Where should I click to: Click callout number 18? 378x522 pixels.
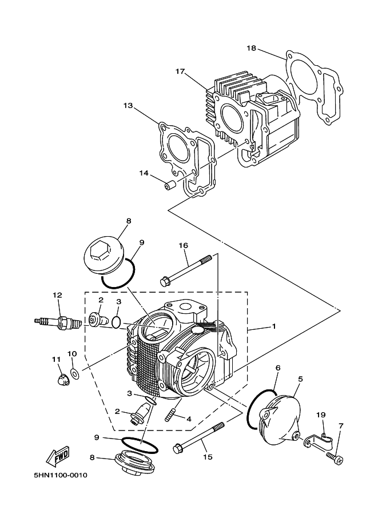251,48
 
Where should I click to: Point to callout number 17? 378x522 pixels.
180,72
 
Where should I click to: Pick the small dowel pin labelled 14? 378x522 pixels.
169,186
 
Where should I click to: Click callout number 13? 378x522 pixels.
127,105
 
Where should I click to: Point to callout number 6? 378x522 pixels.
277,368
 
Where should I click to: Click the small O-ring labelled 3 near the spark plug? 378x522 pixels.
117,322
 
